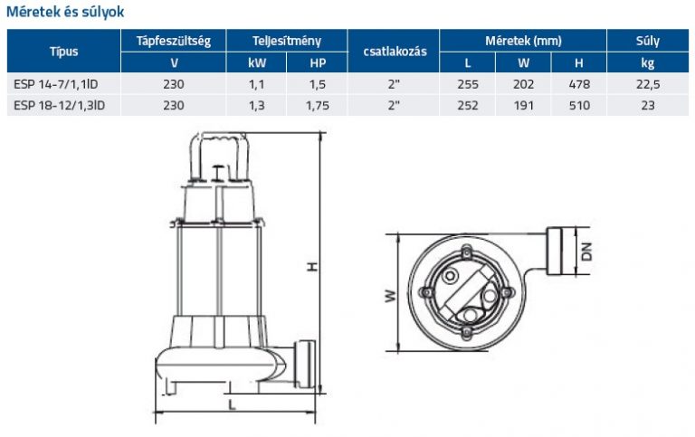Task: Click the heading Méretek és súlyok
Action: coord(65,12)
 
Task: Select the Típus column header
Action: coord(64,52)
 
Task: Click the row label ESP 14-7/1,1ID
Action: coord(56,84)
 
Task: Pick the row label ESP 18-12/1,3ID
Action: coord(60,106)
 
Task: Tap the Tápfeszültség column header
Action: coord(174,42)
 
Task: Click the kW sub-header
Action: coord(257,63)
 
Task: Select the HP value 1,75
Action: coord(318,106)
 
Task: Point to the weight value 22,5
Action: coord(648,84)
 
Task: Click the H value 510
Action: coord(579,106)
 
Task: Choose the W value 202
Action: coord(523,84)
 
